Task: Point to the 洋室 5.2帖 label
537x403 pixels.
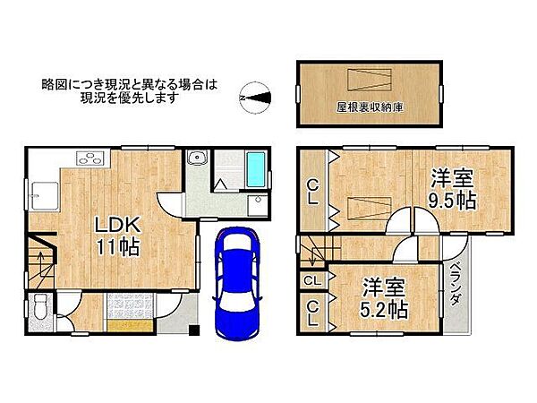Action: (385, 299)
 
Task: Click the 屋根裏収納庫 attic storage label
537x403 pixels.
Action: (371, 107)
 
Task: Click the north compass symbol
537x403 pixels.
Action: (255, 95)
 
